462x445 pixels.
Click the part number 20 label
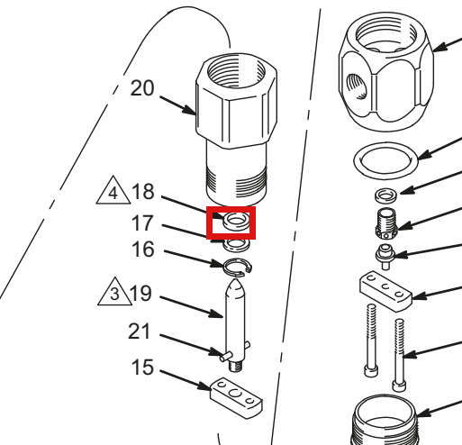click(x=142, y=88)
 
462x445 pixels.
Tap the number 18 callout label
click(x=143, y=192)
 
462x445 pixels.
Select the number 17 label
click(x=142, y=223)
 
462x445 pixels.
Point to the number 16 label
click(x=143, y=250)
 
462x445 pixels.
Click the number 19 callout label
click(x=140, y=294)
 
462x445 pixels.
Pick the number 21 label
click(x=139, y=331)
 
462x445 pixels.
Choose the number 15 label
click(x=142, y=367)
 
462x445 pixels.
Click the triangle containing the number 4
click(x=113, y=192)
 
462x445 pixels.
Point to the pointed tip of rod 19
click(x=236, y=280)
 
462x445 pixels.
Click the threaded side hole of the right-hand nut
click(x=357, y=86)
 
